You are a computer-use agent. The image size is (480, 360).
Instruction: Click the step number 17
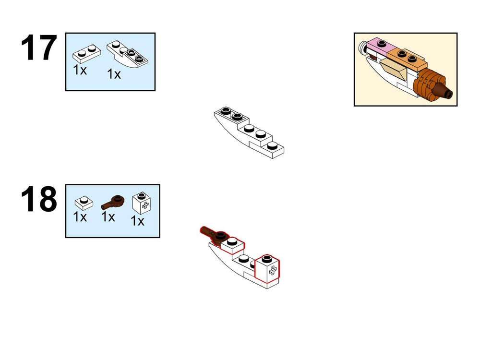tap(39, 48)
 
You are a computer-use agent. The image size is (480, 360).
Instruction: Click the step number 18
tap(39, 199)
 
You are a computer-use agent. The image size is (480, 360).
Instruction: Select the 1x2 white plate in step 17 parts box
tap(86, 54)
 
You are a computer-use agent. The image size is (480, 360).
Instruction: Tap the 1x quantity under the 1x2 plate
tap(80, 70)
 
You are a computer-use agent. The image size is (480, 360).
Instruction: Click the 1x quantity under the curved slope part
tap(114, 74)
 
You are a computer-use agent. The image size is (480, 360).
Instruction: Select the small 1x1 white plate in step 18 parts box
tap(84, 203)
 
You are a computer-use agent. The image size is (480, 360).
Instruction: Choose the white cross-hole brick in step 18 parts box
tap(142, 203)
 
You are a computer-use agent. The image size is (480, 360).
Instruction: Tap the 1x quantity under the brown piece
tap(108, 217)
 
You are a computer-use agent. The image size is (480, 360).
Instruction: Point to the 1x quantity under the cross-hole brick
tap(137, 221)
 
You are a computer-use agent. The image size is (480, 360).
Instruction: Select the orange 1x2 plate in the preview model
tap(407, 59)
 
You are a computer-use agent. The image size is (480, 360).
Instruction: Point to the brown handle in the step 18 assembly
tap(214, 234)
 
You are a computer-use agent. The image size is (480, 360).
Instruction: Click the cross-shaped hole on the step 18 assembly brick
tap(273, 270)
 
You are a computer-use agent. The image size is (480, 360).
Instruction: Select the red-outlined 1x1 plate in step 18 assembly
tap(233, 245)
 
